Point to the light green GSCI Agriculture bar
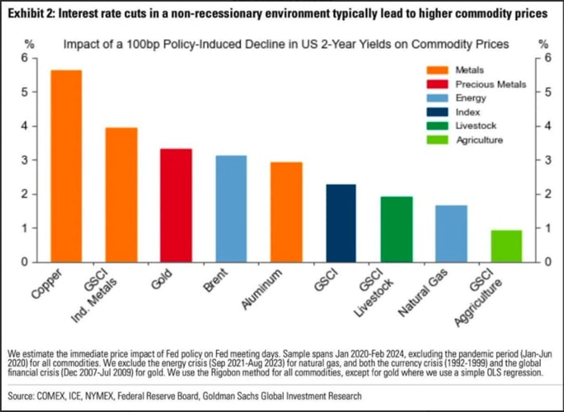click(507, 246)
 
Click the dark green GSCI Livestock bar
click(396, 229)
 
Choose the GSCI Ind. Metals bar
click(121, 195)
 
